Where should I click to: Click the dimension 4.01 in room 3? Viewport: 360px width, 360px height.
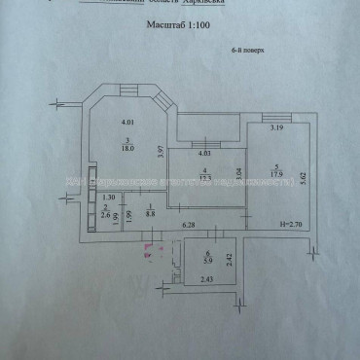126,122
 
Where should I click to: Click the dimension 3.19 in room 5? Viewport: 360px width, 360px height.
276,127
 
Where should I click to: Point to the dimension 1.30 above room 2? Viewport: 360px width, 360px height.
109,198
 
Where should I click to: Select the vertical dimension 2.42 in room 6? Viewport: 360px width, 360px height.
229,258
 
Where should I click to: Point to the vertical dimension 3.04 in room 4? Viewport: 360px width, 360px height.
238,177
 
